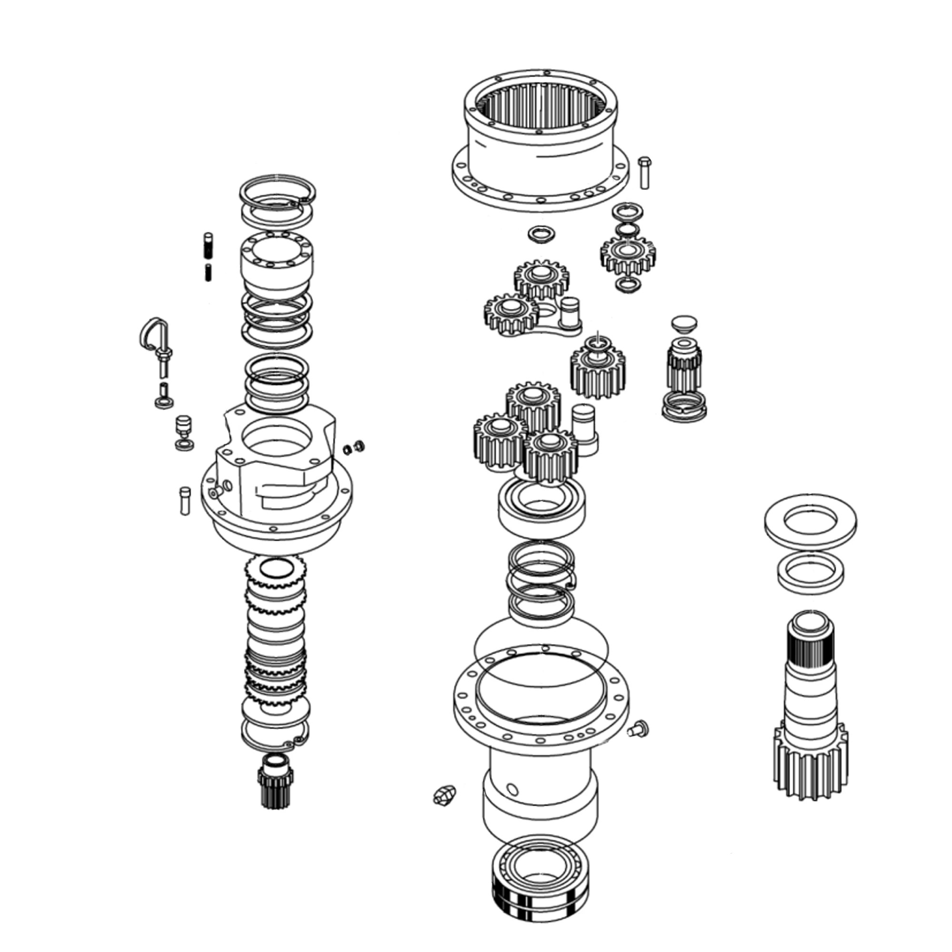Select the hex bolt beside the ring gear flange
coord(644,172)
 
